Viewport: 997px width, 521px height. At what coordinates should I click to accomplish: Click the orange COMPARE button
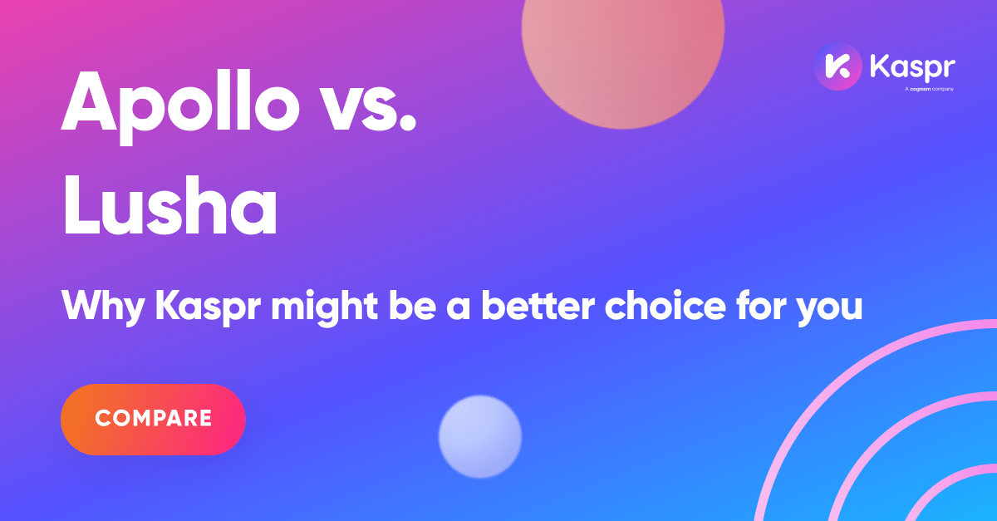pos(153,419)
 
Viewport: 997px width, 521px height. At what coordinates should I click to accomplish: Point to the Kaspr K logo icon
pos(837,66)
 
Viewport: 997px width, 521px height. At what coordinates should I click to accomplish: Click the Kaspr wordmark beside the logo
pos(911,66)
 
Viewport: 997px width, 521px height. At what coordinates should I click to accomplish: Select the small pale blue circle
pos(479,437)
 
